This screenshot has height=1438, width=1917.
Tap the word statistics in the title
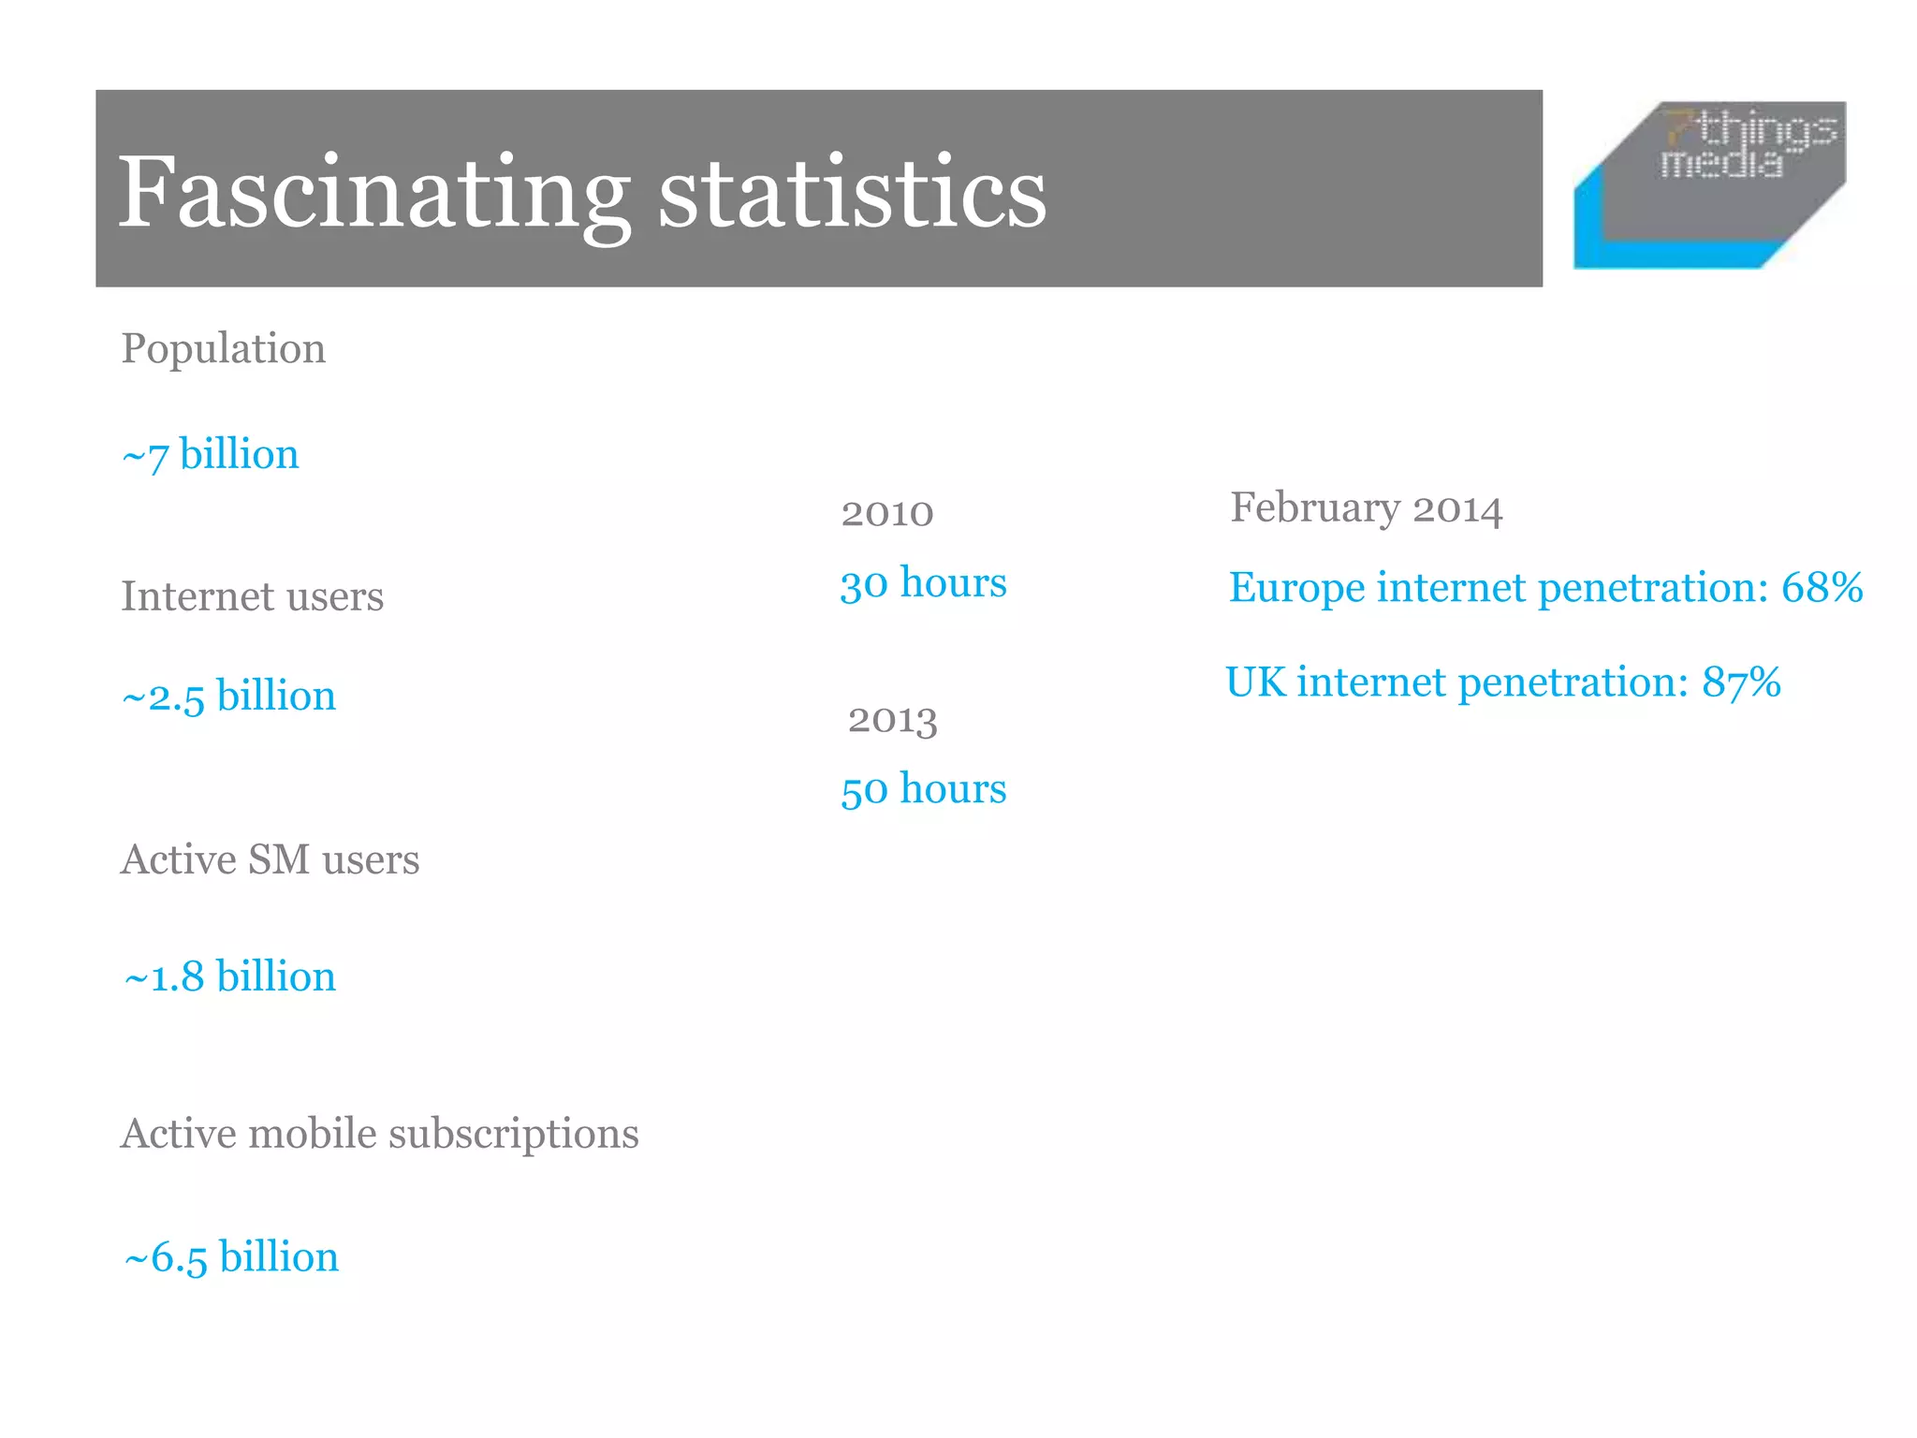[x=852, y=192]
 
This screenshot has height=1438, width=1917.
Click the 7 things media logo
[x=1709, y=184]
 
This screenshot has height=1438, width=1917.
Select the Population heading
[x=223, y=349]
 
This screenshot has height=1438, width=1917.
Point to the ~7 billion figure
[x=211, y=455]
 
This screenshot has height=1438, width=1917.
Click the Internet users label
[x=252, y=596]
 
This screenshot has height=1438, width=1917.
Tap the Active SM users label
[x=270, y=859]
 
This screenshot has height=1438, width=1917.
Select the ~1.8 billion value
[x=229, y=976]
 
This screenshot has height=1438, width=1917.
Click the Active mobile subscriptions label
[x=379, y=1134]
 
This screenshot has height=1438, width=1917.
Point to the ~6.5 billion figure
[x=231, y=1257]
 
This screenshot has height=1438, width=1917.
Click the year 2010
[x=886, y=513]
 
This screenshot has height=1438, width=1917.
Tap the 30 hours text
[x=923, y=583]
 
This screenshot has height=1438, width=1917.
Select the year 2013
[x=892, y=719]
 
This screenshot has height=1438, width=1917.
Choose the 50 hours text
[x=923, y=789]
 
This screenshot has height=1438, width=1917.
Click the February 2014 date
[x=1366, y=508]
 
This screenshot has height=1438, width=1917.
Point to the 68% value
[x=1822, y=588]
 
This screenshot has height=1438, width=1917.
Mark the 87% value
[x=1741, y=682]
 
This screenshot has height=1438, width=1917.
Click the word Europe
[x=1296, y=588]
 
